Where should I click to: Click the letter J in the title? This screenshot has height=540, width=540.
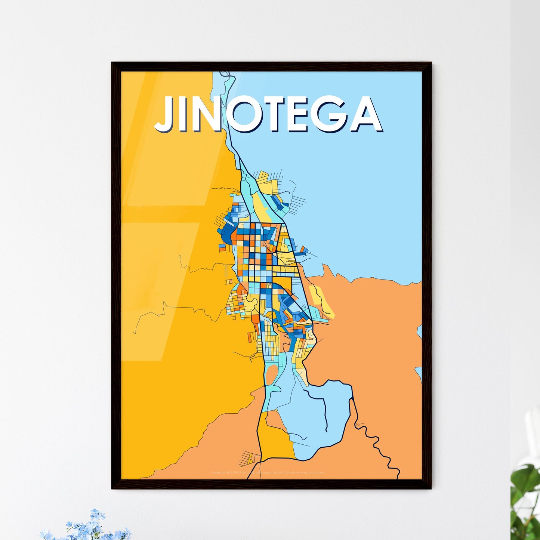(166, 114)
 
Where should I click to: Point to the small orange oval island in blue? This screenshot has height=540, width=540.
(272, 372)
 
